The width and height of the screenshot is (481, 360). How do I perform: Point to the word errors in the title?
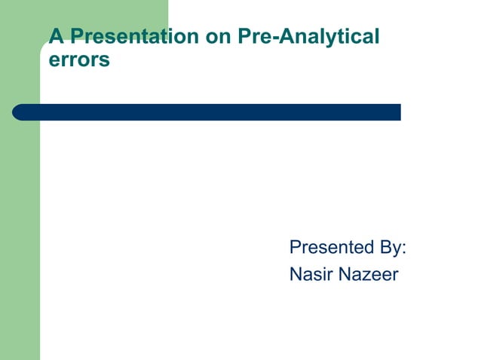(79, 59)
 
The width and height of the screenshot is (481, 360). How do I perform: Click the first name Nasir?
(311, 275)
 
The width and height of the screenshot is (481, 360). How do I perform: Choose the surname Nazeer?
(367, 275)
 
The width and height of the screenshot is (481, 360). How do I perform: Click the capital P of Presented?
(296, 248)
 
